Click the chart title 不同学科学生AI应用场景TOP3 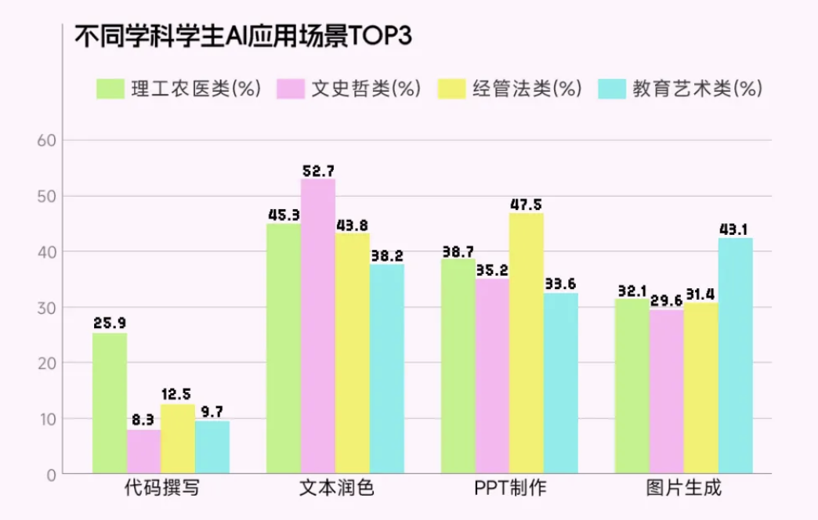click(x=242, y=37)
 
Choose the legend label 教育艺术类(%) click(x=697, y=88)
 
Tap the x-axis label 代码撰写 click(x=161, y=489)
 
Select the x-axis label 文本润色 click(x=335, y=489)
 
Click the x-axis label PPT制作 click(x=509, y=489)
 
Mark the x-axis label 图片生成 click(x=683, y=489)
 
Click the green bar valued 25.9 click(x=110, y=403)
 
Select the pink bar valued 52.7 click(x=318, y=326)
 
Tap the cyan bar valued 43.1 click(x=735, y=356)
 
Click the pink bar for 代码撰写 click(x=144, y=451)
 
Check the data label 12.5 click(x=178, y=395)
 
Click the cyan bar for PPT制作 click(x=561, y=383)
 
